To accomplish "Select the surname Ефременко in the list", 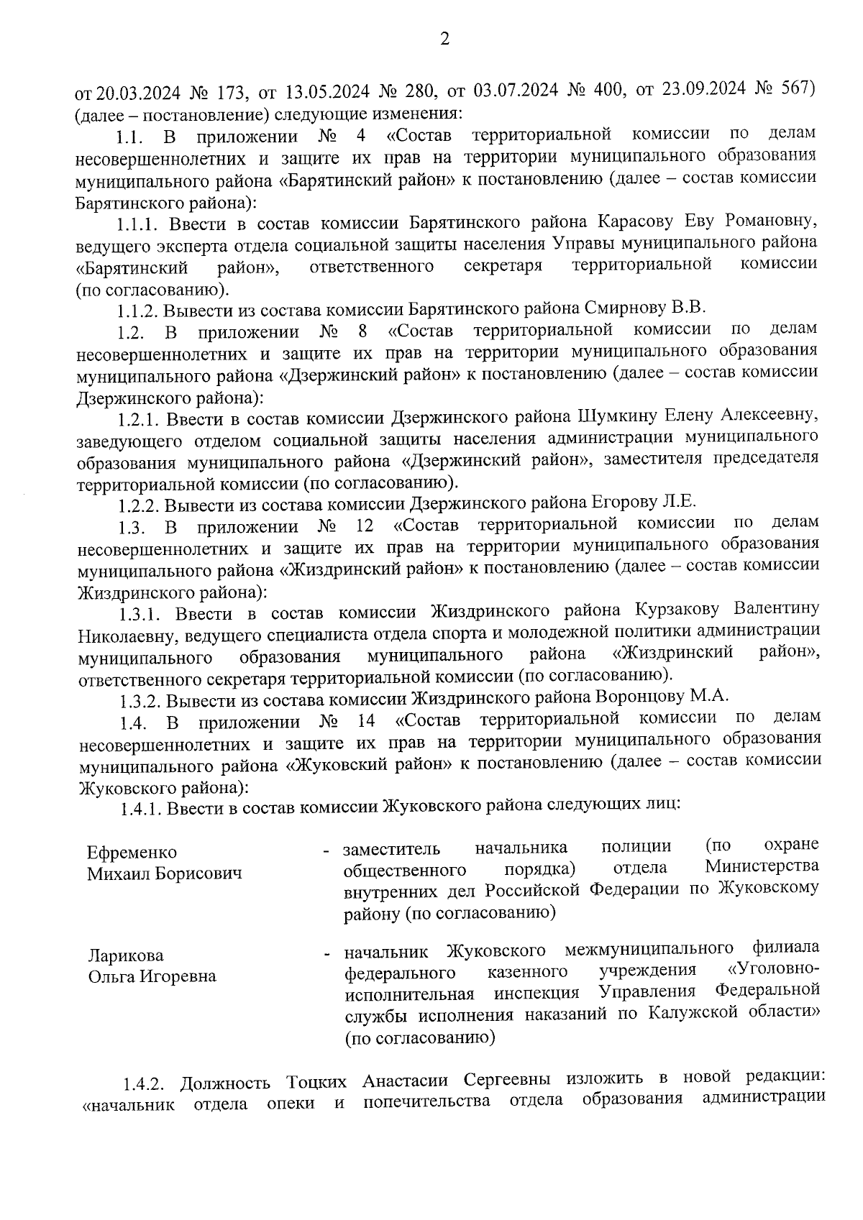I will coord(132,853).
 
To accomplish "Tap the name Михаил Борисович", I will coord(164,874).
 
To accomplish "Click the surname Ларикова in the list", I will coord(125,956).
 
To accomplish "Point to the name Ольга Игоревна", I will coord(152,977).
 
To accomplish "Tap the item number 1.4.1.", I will coord(141,809).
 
